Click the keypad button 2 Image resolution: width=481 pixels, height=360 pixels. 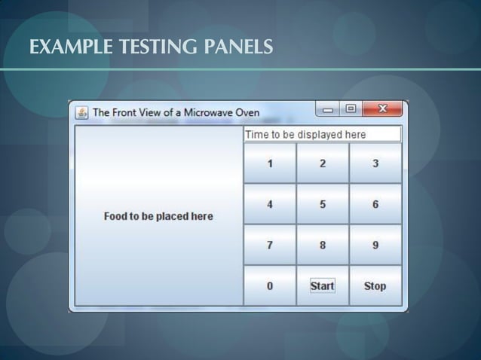pos(323,163)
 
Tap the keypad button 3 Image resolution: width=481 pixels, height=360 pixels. pos(375,163)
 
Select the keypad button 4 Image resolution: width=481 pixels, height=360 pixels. pos(270,204)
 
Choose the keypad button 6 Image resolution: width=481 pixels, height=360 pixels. pos(375,204)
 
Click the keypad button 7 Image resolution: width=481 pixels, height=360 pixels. pos(270,245)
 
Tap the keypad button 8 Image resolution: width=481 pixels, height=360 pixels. pos(323,245)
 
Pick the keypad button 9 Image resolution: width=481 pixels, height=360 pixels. pos(375,245)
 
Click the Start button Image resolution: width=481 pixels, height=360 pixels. pos(323,285)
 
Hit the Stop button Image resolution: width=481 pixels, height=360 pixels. pos(375,285)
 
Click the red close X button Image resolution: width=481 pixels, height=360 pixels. pos(382,109)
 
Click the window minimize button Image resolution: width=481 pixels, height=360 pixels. pos(328,109)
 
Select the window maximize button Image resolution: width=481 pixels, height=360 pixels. pos(351,109)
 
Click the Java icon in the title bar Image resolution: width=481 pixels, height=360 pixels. pos(81,113)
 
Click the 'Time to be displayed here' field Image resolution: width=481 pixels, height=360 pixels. pos(322,134)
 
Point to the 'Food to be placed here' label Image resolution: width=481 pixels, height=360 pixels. pos(158,216)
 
